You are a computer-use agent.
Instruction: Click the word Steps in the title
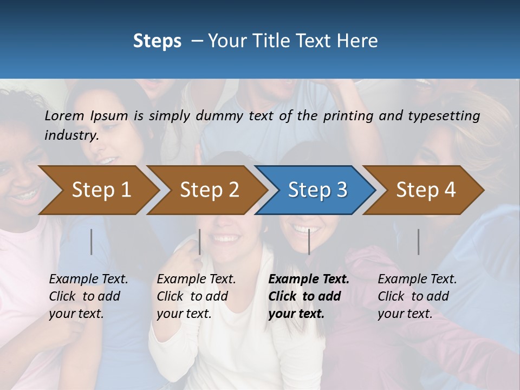coord(157,41)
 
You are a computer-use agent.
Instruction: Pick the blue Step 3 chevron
coord(317,190)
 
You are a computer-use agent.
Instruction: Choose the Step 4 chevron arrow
coord(425,190)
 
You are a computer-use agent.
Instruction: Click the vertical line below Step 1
coord(92,242)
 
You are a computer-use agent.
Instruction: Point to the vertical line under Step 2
coord(200,242)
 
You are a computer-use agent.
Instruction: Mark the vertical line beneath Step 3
coord(309,242)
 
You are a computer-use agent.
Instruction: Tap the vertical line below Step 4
coord(418,242)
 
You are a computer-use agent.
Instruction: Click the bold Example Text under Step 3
coord(309,296)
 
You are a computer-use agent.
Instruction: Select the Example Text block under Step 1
coord(88,296)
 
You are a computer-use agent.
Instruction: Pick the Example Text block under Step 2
coord(196,296)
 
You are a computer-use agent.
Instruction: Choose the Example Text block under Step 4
coord(417,296)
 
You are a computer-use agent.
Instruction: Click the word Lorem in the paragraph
coord(64,115)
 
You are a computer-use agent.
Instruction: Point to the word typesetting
coord(444,116)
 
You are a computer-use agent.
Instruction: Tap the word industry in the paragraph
coord(71,135)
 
